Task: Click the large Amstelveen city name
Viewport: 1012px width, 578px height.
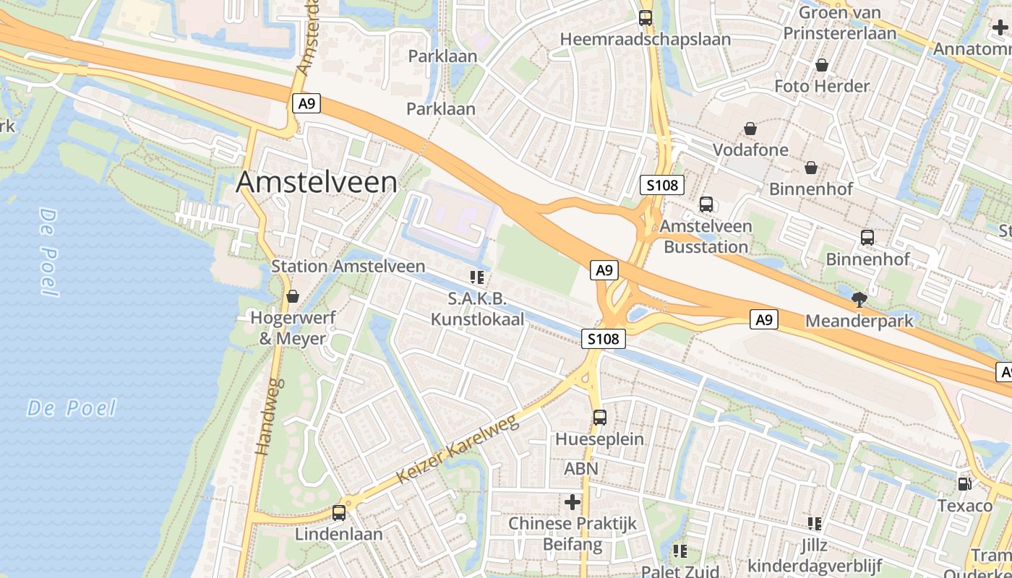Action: pyautogui.click(x=317, y=182)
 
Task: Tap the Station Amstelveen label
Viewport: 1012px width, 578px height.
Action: pyautogui.click(x=348, y=266)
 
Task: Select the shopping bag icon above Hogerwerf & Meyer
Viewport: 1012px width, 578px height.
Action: pyautogui.click(x=293, y=296)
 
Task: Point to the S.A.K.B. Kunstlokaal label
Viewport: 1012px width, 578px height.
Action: pyautogui.click(x=477, y=309)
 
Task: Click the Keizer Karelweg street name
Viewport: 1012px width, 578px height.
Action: pyautogui.click(x=458, y=449)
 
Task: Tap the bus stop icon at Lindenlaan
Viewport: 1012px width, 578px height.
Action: pyautogui.click(x=339, y=513)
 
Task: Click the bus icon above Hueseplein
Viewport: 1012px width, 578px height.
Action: pyautogui.click(x=600, y=417)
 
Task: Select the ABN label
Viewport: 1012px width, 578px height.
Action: pyautogui.click(x=581, y=469)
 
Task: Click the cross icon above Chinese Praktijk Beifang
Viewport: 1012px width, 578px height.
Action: pyautogui.click(x=573, y=501)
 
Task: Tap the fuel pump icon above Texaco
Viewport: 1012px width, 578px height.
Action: pyautogui.click(x=964, y=484)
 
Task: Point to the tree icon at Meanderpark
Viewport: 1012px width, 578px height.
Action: pyautogui.click(x=859, y=299)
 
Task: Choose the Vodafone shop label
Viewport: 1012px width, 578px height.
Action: pyautogui.click(x=750, y=150)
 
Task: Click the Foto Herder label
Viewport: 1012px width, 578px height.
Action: pyautogui.click(x=822, y=86)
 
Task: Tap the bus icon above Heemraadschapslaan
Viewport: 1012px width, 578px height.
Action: pyautogui.click(x=646, y=18)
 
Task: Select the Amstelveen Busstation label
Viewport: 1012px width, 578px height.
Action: pyautogui.click(x=706, y=236)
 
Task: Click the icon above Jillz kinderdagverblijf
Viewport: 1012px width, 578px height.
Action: pyautogui.click(x=815, y=524)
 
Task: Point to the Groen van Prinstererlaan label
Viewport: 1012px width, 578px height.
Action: pyautogui.click(x=840, y=23)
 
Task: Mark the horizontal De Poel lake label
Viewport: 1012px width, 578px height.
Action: pyautogui.click(x=72, y=408)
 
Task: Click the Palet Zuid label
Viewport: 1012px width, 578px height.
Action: pyautogui.click(x=680, y=570)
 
